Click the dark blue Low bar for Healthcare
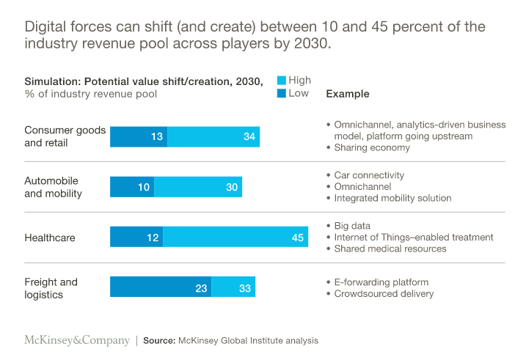tap(136, 237)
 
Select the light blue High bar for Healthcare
tap(235, 237)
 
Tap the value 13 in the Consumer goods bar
tap(157, 137)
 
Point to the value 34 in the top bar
tap(249, 137)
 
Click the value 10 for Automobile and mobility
tap(144, 187)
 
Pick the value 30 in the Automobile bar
tap(232, 187)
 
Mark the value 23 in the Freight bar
tap(201, 287)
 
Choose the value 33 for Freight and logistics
tap(245, 287)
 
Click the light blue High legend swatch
tap(281, 81)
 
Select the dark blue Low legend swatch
tap(281, 93)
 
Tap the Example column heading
tap(347, 94)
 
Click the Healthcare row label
tap(51, 238)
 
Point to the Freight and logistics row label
tap(51, 287)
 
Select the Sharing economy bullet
tap(372, 147)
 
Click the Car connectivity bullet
tap(369, 175)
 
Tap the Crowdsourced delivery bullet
tap(383, 293)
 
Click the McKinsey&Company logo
tap(76, 340)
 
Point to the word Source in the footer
tap(158, 341)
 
